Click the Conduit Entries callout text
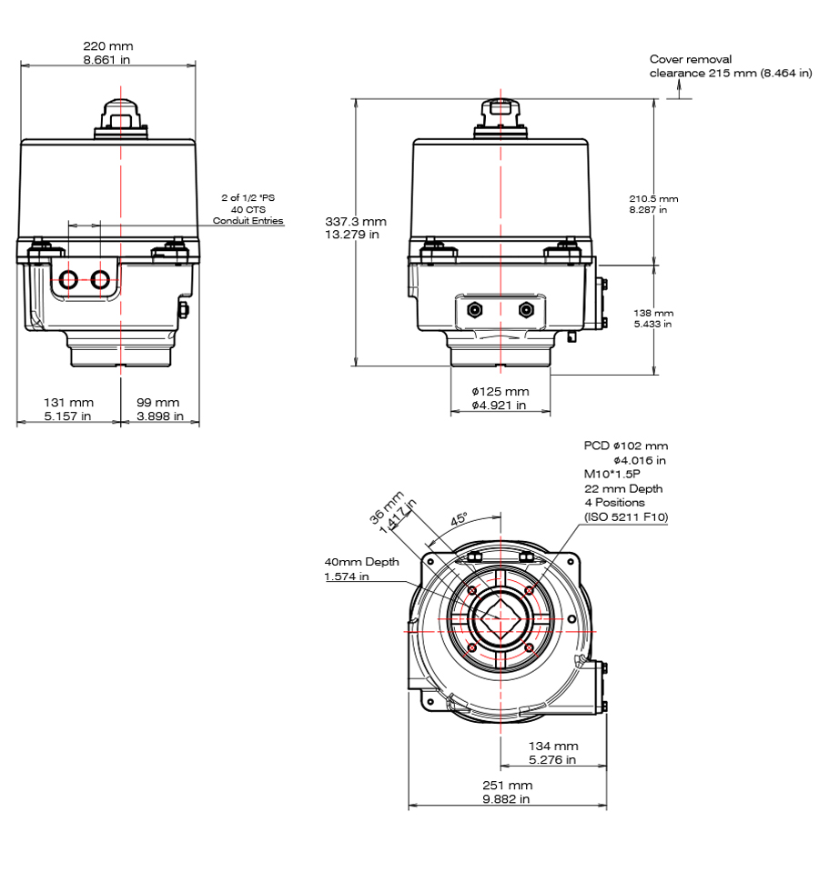[248, 221]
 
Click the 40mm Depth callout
[361, 562]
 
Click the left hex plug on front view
[473, 310]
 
